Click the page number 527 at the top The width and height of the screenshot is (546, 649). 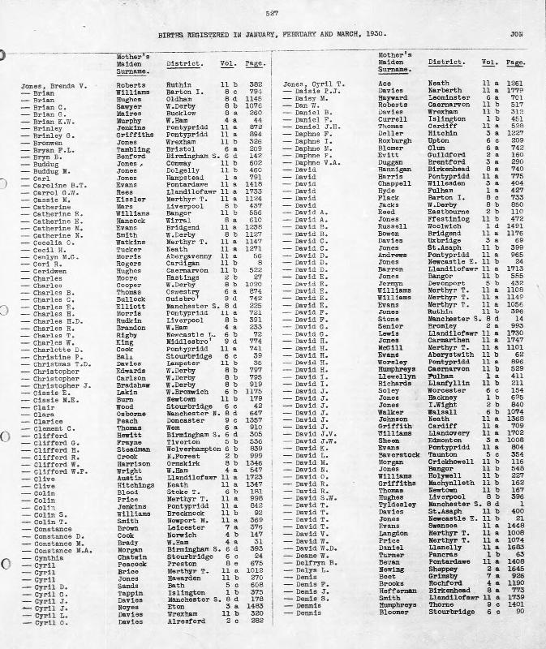273,12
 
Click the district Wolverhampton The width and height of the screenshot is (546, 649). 192,447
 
